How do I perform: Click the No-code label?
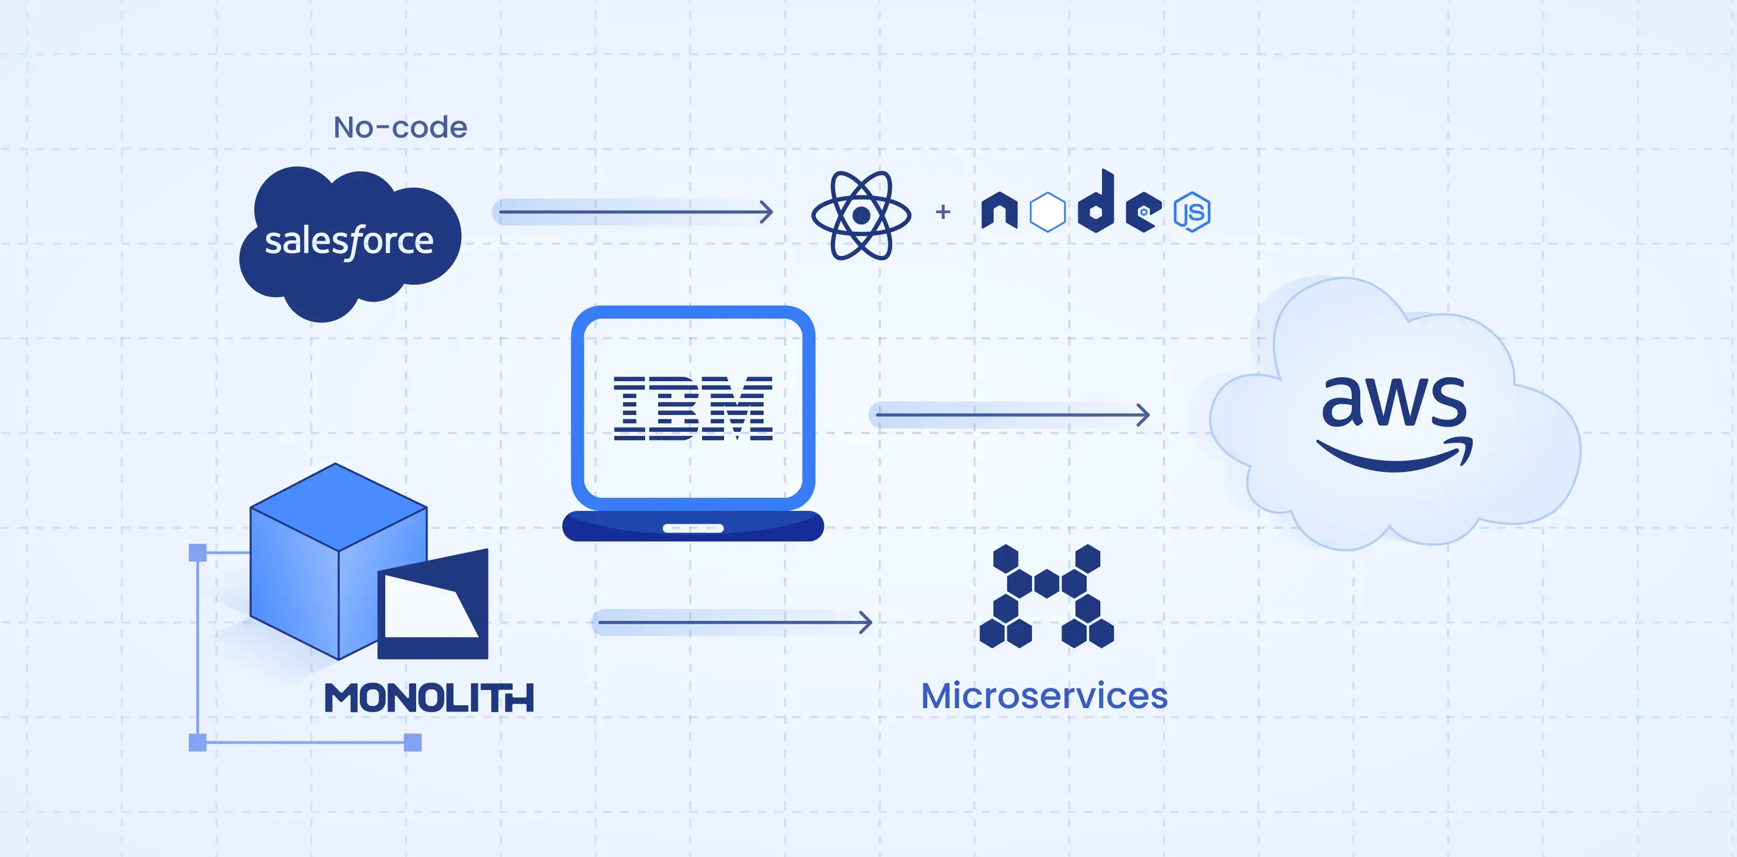click(x=400, y=127)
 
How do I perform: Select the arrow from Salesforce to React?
click(x=634, y=212)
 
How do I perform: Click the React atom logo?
click(x=861, y=215)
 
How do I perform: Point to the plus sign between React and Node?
click(x=944, y=212)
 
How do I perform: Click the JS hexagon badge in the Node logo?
click(x=1192, y=213)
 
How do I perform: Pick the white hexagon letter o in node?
click(x=1047, y=213)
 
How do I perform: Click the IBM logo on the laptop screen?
click(x=693, y=409)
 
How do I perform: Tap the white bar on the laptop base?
click(x=693, y=528)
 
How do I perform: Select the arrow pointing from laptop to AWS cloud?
click(x=1011, y=414)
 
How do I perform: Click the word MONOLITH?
click(x=429, y=698)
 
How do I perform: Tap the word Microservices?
click(x=1044, y=696)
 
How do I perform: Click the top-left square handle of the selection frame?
click(x=197, y=553)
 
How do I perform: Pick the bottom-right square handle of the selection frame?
click(x=413, y=743)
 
